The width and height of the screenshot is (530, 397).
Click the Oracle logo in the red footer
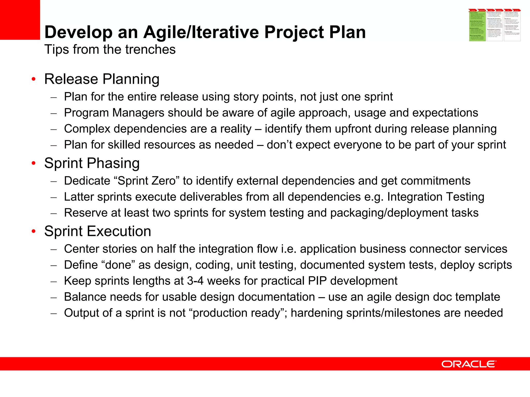468,364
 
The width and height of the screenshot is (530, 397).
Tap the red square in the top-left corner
20,20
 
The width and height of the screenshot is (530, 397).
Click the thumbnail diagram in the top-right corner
495,25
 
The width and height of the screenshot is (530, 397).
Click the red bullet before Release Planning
33,79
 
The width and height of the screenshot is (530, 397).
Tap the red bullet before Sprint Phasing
33,163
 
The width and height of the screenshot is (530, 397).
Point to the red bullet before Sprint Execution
33,231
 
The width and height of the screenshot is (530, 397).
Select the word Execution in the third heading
119,231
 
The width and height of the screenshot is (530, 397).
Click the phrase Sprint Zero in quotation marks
147,181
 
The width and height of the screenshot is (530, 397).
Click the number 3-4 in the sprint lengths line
195,281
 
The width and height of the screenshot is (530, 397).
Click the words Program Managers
114,113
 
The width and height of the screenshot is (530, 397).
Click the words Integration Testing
436,197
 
